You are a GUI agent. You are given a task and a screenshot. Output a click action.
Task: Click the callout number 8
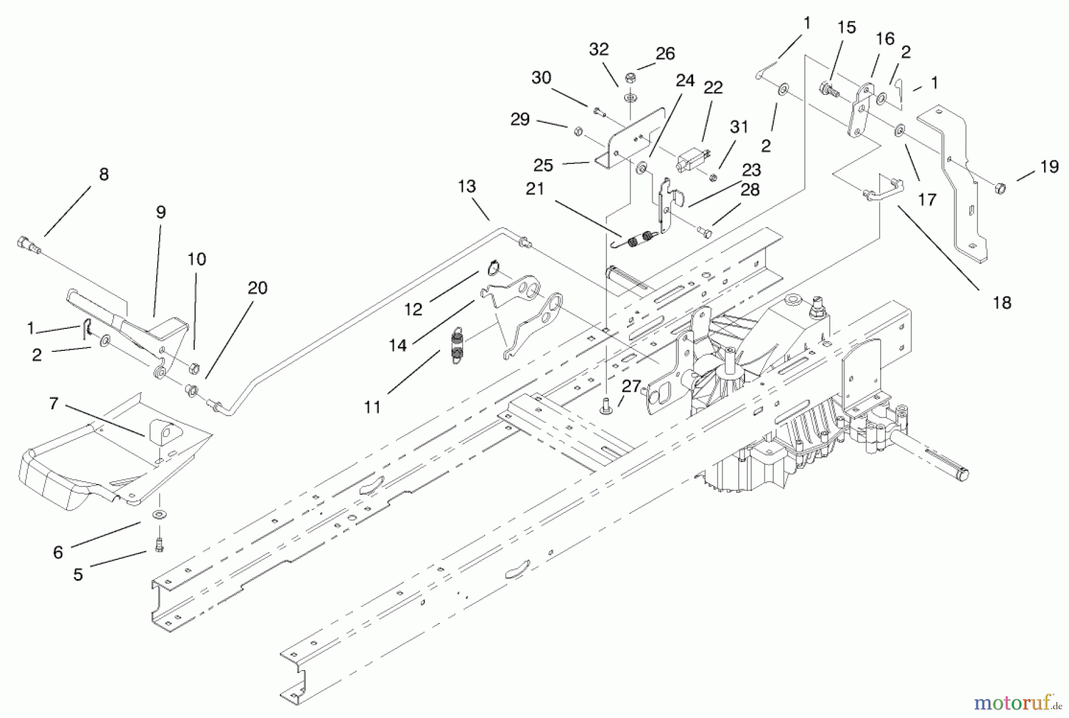(x=104, y=174)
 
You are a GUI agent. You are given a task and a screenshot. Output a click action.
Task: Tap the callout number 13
(x=467, y=186)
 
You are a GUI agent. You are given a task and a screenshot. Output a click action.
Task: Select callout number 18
(x=1002, y=302)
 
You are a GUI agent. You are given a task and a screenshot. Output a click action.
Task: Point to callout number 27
(x=631, y=387)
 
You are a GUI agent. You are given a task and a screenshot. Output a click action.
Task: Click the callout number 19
(x=1049, y=167)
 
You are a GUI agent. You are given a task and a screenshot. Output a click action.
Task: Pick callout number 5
(x=78, y=574)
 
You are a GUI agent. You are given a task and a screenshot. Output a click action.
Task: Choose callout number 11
(x=372, y=407)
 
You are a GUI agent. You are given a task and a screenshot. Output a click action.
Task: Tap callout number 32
(x=599, y=49)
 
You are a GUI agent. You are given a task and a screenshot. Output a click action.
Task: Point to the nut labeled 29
(x=577, y=131)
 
